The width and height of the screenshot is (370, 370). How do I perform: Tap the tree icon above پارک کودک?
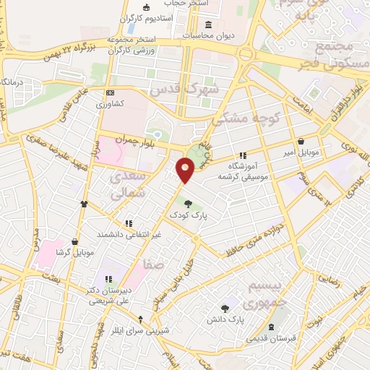pyautogui.click(x=188, y=205)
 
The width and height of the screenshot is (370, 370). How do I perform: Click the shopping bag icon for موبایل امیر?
pyautogui.click(x=301, y=142)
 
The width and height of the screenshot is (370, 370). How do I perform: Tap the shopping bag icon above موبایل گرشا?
pyautogui.click(x=76, y=241)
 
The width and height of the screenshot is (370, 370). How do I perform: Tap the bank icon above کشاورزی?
pyautogui.click(x=110, y=92)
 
